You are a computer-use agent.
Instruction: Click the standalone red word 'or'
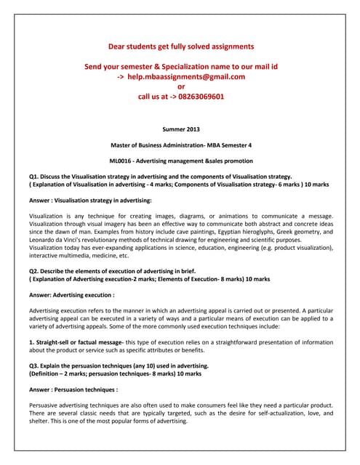click(181, 86)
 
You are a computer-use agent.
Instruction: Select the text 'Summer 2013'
click(181, 129)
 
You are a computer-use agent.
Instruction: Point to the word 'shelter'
click(41, 421)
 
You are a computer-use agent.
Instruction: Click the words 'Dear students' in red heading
click(132, 46)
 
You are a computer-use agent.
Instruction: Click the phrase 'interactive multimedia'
click(60, 255)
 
